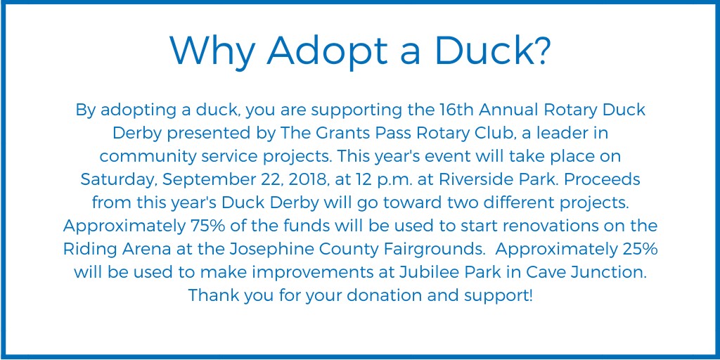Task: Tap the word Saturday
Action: coord(118,180)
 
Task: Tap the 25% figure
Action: coord(639,250)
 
